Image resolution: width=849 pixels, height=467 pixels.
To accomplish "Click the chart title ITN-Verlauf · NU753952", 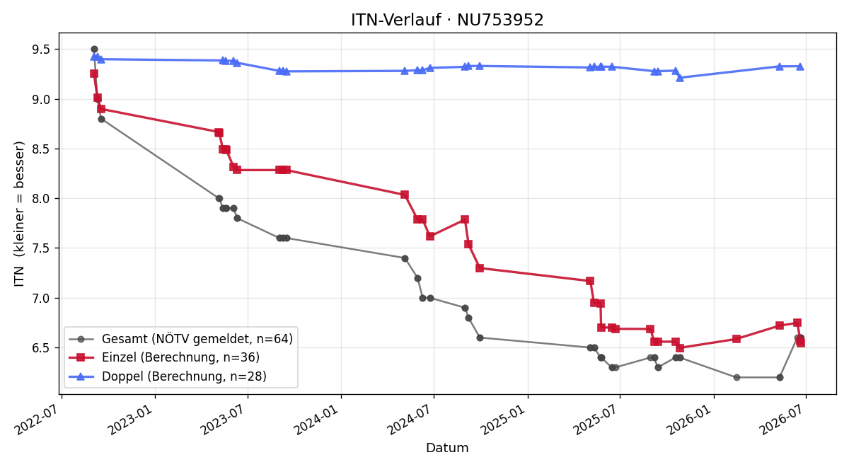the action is point(447,20).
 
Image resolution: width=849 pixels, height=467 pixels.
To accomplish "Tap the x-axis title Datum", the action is point(447,448).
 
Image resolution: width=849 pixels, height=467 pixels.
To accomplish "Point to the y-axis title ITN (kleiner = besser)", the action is point(19,214).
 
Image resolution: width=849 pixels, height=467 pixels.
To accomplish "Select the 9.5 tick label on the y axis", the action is point(41,50).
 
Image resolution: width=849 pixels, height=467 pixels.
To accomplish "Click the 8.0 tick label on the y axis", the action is point(41,199).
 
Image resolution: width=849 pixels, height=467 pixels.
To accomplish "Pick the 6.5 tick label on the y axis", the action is point(41,348).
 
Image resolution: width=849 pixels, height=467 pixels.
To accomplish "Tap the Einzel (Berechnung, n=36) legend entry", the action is point(164,357).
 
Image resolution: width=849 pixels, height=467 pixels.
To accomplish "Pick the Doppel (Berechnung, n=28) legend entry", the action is point(168,376).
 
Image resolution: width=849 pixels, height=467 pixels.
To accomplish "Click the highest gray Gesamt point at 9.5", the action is point(94,50).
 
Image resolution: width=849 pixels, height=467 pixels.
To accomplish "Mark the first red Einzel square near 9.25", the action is point(94,74).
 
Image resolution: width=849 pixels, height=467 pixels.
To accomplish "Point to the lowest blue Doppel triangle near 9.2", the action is point(680,78).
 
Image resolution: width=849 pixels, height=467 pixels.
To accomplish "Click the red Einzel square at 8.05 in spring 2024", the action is point(405,195).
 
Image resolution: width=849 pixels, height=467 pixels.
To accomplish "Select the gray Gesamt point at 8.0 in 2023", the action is point(219,199).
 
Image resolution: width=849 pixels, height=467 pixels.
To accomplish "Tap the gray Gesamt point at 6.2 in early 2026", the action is point(737,378).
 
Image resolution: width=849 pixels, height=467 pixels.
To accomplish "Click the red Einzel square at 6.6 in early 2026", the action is point(737,339).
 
